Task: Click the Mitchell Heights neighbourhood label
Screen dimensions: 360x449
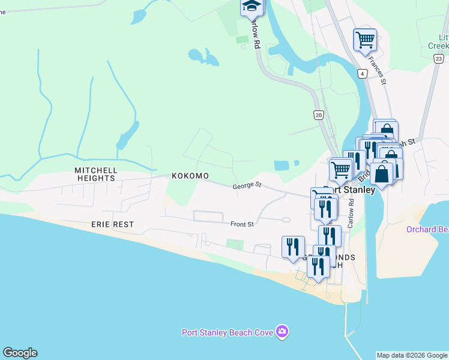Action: coord(95,174)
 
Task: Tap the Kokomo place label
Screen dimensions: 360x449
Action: coord(190,176)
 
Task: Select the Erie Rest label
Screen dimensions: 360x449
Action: coord(112,224)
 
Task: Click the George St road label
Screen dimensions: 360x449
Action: coord(247,187)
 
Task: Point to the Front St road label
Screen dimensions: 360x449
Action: coord(243,224)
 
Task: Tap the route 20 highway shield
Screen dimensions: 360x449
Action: coord(318,115)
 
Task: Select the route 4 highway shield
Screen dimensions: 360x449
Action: coord(362,74)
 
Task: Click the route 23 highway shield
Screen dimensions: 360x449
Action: coord(439,58)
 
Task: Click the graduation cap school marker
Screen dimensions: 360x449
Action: coord(252,7)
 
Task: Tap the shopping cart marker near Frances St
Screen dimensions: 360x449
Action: coord(365,40)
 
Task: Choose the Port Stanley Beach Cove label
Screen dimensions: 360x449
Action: coord(228,332)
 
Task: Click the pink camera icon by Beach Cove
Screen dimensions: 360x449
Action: coord(282,332)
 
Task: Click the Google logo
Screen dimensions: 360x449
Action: coord(20,353)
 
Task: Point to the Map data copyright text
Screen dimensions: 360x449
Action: coord(412,355)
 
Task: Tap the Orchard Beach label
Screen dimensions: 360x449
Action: coord(427,229)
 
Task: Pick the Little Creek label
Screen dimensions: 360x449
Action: coord(438,41)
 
